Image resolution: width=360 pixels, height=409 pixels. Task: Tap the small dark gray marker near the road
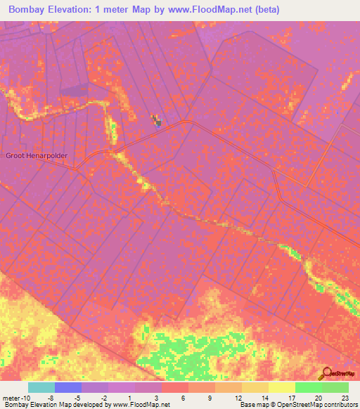click(158, 122)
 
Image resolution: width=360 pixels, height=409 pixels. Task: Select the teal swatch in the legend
click(41, 387)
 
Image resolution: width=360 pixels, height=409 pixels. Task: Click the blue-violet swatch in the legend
click(67, 387)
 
